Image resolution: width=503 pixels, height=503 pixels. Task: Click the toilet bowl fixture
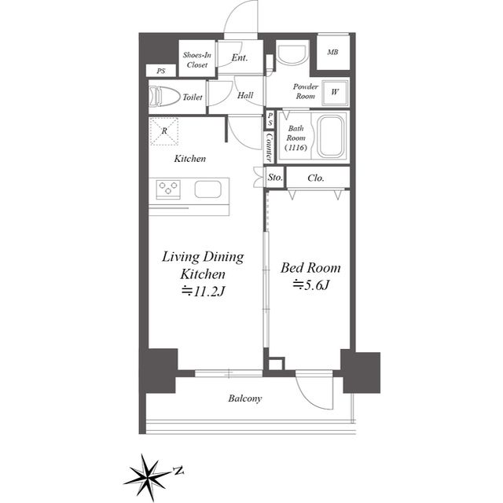[x=164, y=96]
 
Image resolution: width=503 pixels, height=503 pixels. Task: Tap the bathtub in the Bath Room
[x=331, y=136]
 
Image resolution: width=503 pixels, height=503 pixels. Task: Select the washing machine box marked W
[x=335, y=93]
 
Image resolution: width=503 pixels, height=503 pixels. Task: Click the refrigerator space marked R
[x=164, y=131]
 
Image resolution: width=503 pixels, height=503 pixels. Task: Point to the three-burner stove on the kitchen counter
[x=168, y=188]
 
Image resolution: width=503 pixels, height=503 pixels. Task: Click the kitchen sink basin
[x=207, y=189]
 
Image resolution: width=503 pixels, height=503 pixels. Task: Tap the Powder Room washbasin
[x=292, y=55]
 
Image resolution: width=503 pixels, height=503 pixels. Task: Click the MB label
[x=332, y=52]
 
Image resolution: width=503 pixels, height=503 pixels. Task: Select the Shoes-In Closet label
[x=197, y=60]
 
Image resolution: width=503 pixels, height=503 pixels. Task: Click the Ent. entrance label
[x=240, y=57]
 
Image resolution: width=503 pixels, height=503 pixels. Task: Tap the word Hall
[x=245, y=95]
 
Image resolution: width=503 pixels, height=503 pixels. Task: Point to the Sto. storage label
[x=275, y=178]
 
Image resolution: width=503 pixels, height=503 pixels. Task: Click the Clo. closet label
[x=316, y=178]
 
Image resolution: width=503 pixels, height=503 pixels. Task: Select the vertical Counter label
[x=270, y=147]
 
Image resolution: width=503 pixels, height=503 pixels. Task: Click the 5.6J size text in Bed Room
[x=311, y=285]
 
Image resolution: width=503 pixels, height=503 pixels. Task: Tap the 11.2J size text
[x=204, y=292]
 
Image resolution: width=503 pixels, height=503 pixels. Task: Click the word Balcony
[x=245, y=398]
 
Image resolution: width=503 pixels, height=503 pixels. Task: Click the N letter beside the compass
[x=178, y=471]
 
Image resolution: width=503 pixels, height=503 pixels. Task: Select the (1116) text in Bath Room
[x=296, y=148]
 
